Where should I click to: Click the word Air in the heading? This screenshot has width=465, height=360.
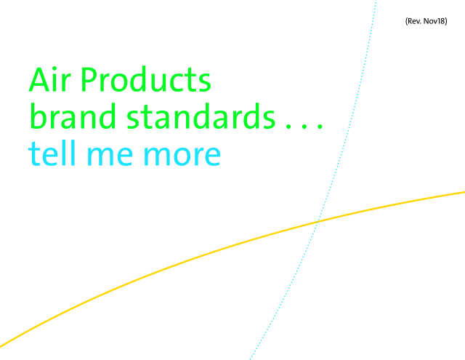(50, 79)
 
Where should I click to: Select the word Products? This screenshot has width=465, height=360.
(145, 79)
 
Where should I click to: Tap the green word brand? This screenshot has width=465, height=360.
(73, 116)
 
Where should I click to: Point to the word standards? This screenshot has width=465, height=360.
(201, 116)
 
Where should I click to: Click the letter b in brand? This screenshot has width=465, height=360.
(39, 116)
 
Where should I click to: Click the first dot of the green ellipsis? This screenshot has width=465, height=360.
(288, 126)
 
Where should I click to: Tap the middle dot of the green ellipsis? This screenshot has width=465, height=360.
(304, 126)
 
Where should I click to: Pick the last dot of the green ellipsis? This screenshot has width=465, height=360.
(320, 126)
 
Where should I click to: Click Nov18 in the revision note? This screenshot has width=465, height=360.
(435, 21)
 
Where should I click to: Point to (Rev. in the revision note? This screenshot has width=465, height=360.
(413, 21)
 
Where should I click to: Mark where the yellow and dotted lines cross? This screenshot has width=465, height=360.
(317, 222)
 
